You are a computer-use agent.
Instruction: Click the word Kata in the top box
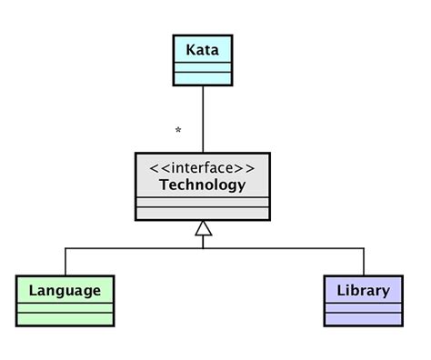coord(202,49)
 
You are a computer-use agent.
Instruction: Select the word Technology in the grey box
coord(202,185)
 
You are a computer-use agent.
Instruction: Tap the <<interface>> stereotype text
coord(202,168)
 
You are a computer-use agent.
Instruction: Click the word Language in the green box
coord(65,291)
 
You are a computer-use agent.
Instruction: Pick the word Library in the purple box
coord(363,291)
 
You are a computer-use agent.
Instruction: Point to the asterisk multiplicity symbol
coord(178,132)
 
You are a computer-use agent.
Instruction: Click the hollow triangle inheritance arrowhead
coord(203,228)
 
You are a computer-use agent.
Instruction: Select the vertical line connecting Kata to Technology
coord(203,118)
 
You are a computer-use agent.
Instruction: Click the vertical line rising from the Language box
coord(65,261)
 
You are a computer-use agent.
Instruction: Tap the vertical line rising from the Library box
coord(364,261)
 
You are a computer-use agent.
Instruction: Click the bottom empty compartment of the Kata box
coord(202,78)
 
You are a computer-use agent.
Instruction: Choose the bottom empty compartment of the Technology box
coord(202,214)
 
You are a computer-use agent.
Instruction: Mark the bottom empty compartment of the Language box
coord(65,319)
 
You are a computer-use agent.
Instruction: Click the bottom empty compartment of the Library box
coord(363,319)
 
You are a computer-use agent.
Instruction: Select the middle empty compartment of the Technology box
coord(202,202)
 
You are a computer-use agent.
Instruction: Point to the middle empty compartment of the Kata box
coord(202,66)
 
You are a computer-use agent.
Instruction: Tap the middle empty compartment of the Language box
coord(65,308)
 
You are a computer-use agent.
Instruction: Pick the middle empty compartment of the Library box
coord(363,308)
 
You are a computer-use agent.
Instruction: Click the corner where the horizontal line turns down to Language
coord(65,247)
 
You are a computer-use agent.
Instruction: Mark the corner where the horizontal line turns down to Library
coord(364,247)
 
